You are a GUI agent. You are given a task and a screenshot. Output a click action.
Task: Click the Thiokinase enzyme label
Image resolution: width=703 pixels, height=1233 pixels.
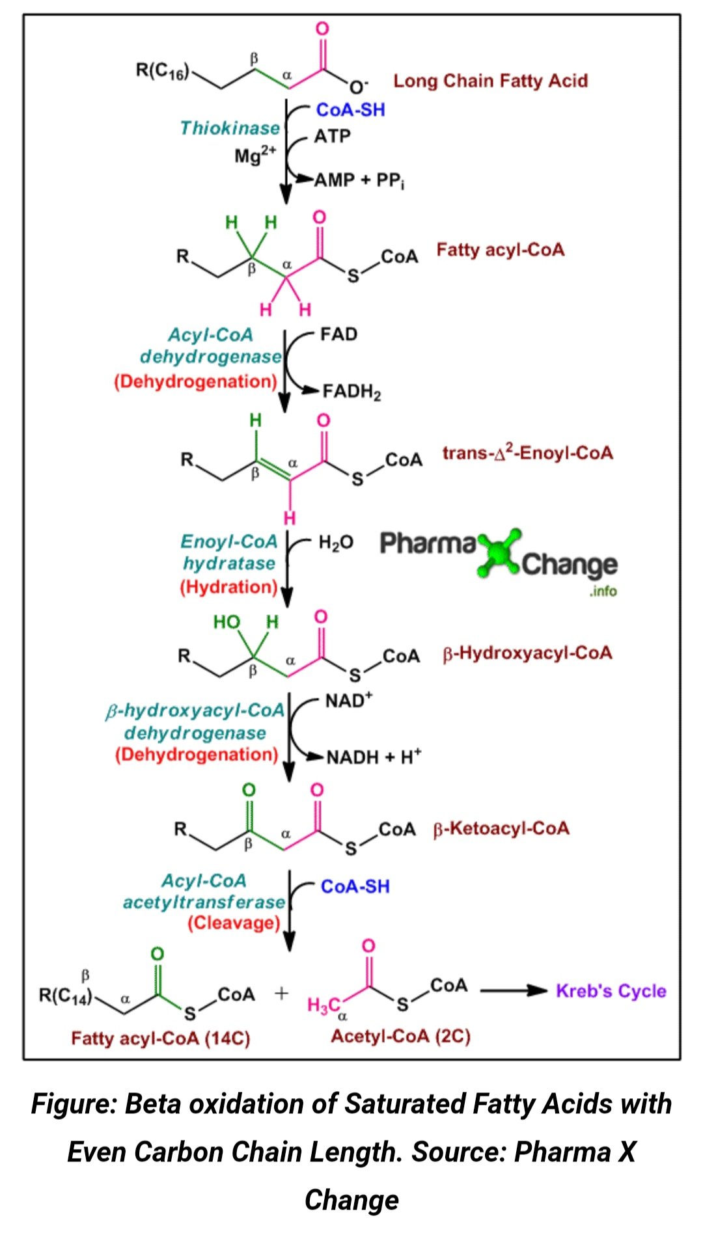coord(230,128)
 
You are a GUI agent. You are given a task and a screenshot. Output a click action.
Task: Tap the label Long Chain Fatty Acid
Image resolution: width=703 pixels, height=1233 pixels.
coord(490,81)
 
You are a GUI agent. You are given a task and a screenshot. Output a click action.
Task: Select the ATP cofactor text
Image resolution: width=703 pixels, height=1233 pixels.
coord(332,137)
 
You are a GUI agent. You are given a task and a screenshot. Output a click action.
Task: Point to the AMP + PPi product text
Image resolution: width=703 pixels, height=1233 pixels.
coord(359,180)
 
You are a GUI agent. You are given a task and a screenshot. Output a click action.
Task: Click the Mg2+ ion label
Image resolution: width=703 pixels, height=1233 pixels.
coord(255,156)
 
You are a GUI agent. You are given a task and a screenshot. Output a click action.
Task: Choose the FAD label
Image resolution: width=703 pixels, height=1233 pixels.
coord(338,334)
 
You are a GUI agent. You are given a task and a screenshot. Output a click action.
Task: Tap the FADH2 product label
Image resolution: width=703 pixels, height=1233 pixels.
coord(351,392)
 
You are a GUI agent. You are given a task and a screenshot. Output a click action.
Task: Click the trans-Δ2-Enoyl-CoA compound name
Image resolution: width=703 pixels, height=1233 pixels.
coord(527,453)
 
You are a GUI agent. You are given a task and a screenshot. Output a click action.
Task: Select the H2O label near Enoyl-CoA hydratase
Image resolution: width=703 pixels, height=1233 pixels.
coord(335,543)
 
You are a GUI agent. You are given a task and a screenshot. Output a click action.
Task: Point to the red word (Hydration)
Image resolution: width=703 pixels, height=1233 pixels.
coord(229,587)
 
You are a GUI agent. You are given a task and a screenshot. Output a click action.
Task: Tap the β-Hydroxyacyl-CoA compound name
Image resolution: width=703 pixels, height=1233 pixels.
coord(527,653)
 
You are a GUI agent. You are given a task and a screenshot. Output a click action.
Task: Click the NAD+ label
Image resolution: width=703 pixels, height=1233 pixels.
coord(348,701)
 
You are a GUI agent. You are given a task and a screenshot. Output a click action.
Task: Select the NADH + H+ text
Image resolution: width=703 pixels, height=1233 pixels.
coord(374,757)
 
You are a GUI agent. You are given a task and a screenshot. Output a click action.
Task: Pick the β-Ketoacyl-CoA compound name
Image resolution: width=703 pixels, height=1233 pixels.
coord(501,829)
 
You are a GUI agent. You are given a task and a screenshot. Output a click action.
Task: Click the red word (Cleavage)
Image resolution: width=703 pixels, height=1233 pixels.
coord(234,923)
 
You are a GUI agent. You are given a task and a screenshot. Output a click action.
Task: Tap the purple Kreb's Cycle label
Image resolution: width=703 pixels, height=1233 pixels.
coord(611,991)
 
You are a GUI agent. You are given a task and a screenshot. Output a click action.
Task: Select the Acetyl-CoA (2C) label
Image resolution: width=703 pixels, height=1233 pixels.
coord(400,1036)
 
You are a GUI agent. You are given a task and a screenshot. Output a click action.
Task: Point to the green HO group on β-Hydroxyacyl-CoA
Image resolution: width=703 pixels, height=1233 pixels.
coord(227,623)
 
